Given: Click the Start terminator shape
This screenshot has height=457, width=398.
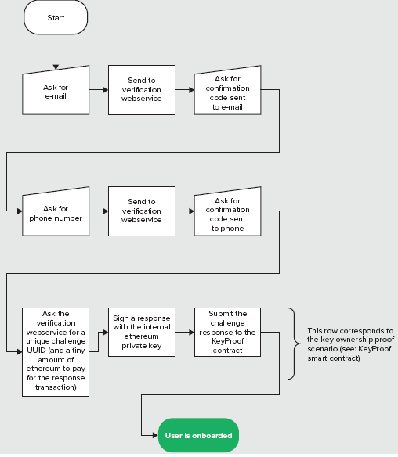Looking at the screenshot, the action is coord(56,17).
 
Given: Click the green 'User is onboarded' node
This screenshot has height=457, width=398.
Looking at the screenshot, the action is coord(198,435).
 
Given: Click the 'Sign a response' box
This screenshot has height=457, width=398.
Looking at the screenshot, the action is coord(142,332).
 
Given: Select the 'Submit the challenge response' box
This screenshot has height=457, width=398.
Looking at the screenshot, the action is coord(227,332).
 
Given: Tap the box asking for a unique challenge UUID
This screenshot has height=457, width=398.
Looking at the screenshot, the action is coord(56,352).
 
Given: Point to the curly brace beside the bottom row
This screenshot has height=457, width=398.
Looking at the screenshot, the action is coord(294,344).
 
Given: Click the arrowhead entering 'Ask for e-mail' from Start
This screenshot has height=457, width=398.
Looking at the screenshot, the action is coord(56,67).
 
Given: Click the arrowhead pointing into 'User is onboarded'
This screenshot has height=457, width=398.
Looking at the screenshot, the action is coord(155,435).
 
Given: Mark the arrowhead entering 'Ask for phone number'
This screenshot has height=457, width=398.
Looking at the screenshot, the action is coord(20,211).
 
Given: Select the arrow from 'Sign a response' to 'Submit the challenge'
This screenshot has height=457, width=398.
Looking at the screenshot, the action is coord(185,333).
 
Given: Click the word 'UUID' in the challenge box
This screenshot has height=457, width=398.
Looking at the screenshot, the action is coord(36,351).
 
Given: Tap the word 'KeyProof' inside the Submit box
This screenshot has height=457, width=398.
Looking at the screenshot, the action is coord(227,341).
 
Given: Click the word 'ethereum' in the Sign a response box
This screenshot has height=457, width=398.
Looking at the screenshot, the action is coord(142,336).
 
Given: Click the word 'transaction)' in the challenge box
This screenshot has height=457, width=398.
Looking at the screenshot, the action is coord(56,387).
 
